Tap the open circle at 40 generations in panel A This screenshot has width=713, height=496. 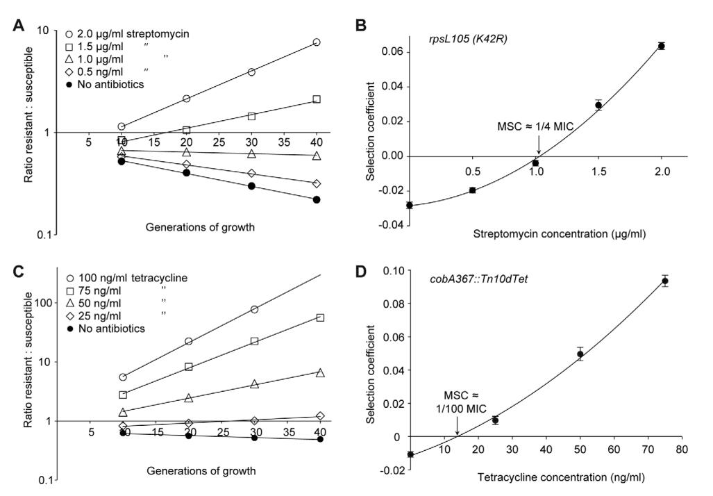pyautogui.click(x=317, y=42)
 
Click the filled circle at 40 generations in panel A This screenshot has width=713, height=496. pyautogui.click(x=317, y=199)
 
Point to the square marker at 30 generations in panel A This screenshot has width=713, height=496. pyautogui.click(x=251, y=116)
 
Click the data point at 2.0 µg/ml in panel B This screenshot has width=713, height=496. pyautogui.click(x=662, y=46)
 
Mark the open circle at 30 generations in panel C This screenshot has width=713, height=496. pyautogui.click(x=254, y=309)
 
